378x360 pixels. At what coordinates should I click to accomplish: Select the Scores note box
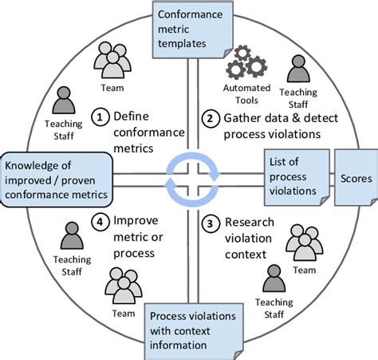355,179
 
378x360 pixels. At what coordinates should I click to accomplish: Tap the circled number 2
210,119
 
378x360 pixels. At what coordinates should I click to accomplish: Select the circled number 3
210,223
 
